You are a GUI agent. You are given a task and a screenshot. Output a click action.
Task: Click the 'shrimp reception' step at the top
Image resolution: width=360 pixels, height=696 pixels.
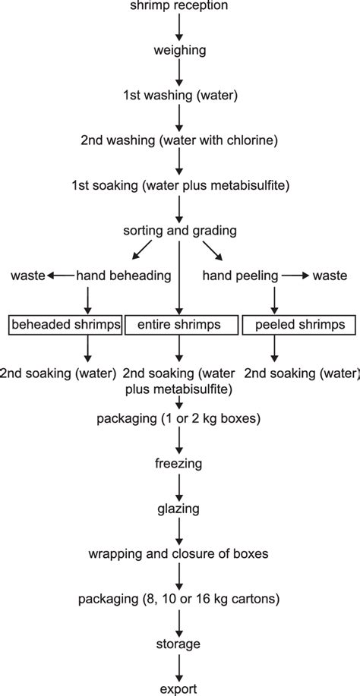coord(179,6)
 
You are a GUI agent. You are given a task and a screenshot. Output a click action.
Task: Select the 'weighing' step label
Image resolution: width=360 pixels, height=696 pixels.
coord(179,51)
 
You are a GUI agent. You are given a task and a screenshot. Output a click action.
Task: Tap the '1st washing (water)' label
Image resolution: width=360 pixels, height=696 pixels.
coord(179,96)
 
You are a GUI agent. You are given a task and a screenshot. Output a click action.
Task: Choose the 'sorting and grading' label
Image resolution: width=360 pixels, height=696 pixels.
coord(179,229)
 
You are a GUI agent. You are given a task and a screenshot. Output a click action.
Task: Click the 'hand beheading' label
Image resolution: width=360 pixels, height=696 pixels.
coord(124,276)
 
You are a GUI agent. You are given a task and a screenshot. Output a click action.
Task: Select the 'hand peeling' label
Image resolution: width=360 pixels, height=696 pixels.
coord(240,276)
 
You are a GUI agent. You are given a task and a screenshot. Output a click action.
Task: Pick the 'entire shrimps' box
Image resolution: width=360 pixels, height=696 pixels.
coord(179,324)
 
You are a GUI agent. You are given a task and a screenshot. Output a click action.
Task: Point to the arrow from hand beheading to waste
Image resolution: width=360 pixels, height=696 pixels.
coord(61,276)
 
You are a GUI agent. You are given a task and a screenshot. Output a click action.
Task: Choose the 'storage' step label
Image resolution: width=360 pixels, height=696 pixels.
coord(179,644)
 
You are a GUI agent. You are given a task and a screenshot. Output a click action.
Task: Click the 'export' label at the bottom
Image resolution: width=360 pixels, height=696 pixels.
coord(179,688)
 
